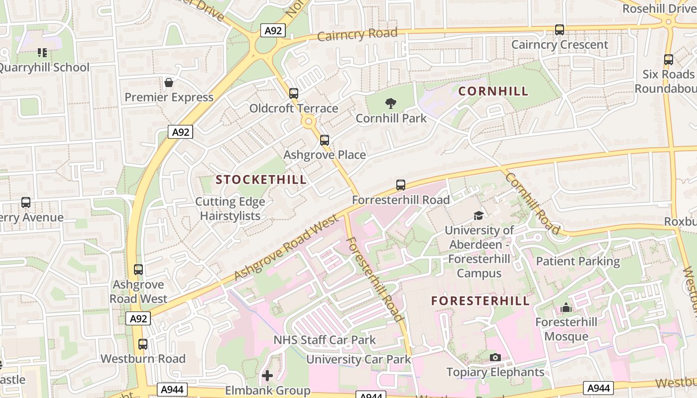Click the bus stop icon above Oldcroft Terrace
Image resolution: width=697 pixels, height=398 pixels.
[294, 93]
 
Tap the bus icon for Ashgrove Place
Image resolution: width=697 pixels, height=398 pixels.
[325, 140]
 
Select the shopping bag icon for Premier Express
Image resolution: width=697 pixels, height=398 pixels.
[169, 83]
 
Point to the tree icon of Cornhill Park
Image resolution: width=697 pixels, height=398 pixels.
[391, 103]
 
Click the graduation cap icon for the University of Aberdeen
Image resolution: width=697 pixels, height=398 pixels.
[478, 215]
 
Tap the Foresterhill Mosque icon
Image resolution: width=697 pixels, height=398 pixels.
[566, 308]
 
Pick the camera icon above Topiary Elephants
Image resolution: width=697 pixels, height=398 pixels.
[495, 357]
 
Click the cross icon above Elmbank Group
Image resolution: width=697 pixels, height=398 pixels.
[267, 375]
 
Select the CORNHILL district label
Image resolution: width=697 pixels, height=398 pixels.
[493, 91]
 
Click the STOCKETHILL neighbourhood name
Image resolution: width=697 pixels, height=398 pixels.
[261, 180]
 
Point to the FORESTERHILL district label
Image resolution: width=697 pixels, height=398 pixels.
[480, 301]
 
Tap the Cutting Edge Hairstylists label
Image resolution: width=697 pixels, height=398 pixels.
[230, 208]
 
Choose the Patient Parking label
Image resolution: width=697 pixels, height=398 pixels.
[578, 261]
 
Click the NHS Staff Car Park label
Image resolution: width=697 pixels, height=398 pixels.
[325, 340]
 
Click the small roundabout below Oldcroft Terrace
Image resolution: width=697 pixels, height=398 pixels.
[309, 121]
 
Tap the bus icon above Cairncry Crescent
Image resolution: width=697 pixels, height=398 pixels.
[560, 30]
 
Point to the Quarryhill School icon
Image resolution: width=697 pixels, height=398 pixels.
[42, 52]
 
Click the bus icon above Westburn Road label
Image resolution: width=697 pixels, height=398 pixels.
[143, 344]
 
